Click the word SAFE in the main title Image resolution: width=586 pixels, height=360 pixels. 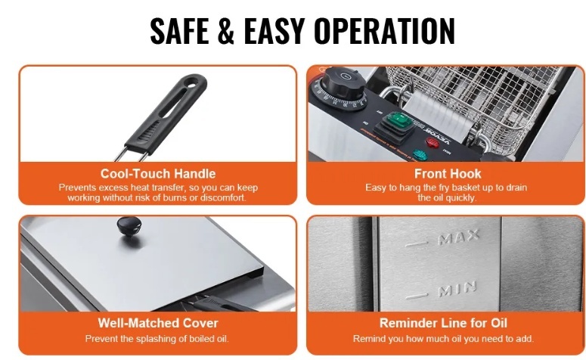[x=179, y=31]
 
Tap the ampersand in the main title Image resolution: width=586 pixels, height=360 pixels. [x=226, y=31]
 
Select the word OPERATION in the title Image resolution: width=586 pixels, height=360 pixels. [x=384, y=31]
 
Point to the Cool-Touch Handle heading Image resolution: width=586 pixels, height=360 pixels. [x=158, y=174]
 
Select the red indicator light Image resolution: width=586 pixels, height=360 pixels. [x=433, y=142]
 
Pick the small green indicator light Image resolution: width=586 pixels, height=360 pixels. [x=420, y=155]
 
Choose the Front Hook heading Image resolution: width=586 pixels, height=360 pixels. [x=448, y=174]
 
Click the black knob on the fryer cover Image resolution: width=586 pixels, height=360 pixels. [x=129, y=226]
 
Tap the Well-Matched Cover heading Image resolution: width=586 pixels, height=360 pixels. [x=158, y=323]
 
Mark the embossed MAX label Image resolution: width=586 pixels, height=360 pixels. [x=458, y=237]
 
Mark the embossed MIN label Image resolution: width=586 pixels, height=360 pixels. [x=457, y=288]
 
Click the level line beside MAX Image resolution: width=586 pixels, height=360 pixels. [x=417, y=244]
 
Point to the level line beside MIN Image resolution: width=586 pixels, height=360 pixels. [x=417, y=296]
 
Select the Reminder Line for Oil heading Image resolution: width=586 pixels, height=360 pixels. [x=444, y=323]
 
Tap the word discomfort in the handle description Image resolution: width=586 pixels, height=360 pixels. [x=223, y=197]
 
